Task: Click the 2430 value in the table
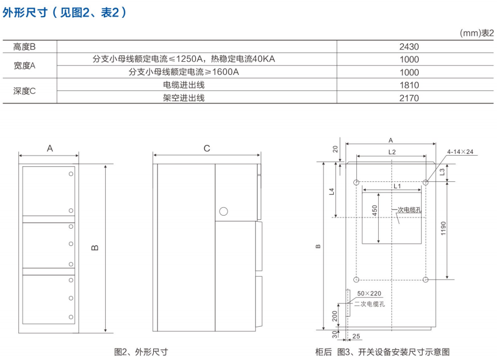tap(409, 46)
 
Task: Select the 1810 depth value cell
tap(409, 85)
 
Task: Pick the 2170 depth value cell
tap(409, 98)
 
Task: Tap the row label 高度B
tap(25, 46)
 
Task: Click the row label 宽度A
tap(25, 65)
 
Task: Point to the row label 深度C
tap(25, 91)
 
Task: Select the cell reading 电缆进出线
tap(184, 85)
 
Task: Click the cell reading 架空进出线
tap(184, 98)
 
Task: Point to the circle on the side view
tap(224, 211)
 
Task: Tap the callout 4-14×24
tap(460, 152)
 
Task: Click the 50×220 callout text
tap(369, 294)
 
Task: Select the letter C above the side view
tap(207, 149)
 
